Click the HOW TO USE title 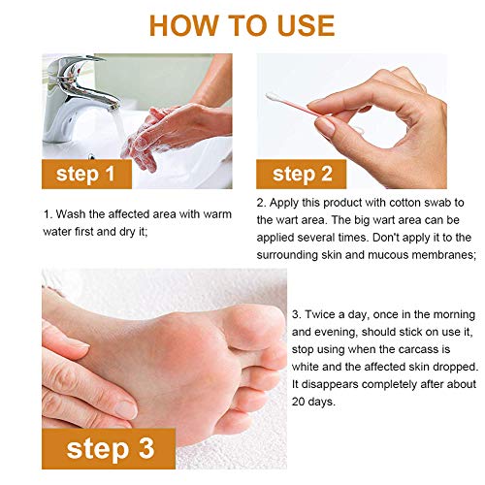pyautogui.click(x=242, y=25)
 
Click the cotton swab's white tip pyautogui.click(x=272, y=97)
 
